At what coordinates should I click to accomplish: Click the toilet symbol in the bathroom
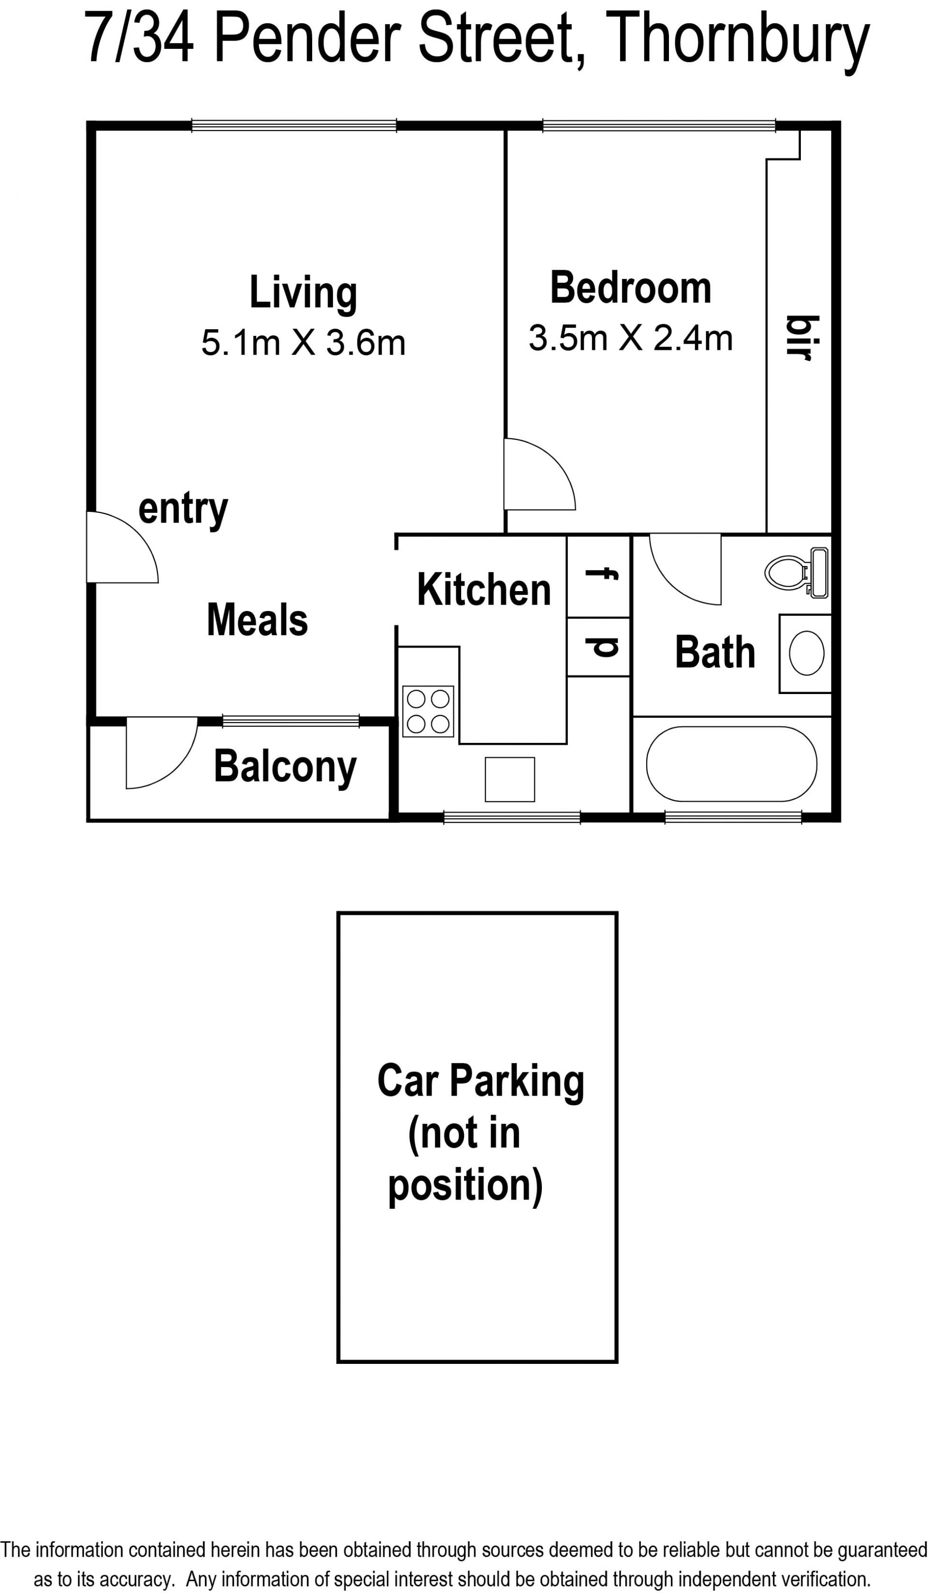click(x=797, y=572)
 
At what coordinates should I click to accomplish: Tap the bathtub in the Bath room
click(x=731, y=764)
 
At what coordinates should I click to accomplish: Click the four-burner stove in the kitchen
click(x=428, y=711)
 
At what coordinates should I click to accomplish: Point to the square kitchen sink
click(x=509, y=780)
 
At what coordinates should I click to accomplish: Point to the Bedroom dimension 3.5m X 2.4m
click(x=630, y=338)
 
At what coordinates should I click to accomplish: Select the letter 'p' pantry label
click(x=601, y=647)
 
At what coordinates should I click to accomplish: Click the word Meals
click(x=257, y=620)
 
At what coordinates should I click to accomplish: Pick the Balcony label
click(x=285, y=767)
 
